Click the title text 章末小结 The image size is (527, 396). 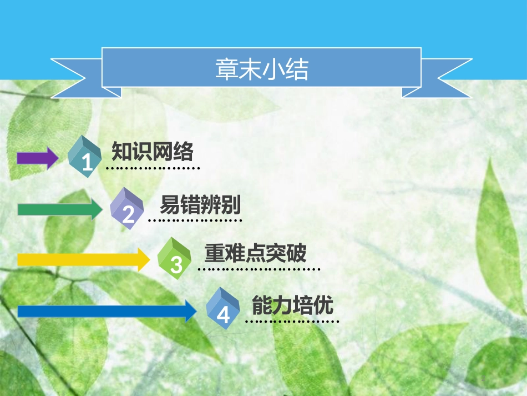coord(262,69)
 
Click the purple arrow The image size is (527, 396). coord(38,158)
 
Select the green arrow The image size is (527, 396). coord(60,209)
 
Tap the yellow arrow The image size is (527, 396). coord(84,259)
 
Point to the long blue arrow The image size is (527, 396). coord(107,311)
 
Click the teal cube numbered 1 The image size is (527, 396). coord(84,157)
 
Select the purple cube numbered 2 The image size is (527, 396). coord(126,209)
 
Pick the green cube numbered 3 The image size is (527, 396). coord(174,258)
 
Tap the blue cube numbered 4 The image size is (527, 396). coord(222,308)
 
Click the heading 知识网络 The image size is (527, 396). coord(153,152)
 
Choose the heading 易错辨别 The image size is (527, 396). coord(200,204)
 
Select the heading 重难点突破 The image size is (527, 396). coord(255,253)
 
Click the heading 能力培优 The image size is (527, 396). coord(292,305)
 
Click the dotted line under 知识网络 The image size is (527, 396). coord(153,168)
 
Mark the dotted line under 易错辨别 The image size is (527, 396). coord(195,220)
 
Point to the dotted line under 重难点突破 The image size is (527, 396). coord(259,269)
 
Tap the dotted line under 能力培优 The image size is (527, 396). coord(292,322)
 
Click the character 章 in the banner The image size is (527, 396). coord(227,69)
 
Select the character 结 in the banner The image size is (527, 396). coord(297,69)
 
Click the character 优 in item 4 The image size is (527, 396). coord(323,305)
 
